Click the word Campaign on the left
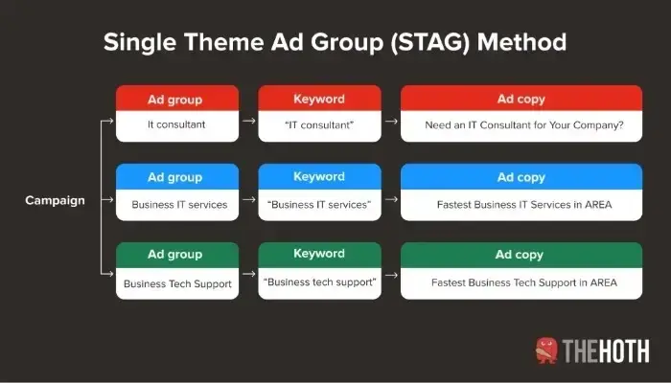point(55,201)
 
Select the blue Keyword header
point(319,177)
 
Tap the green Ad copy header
point(521,255)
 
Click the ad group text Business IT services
point(179,203)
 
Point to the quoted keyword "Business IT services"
point(319,203)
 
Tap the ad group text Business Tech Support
point(178,282)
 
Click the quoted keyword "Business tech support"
point(319,282)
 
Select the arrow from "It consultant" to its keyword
point(248,124)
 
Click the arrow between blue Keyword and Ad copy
point(390,203)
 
